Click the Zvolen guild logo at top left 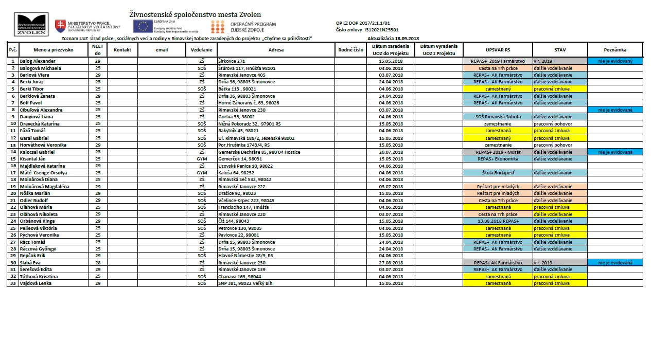click(x=32, y=24)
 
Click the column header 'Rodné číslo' click(x=351, y=50)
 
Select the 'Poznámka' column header click(x=615, y=50)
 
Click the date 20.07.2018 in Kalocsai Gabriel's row click(x=390, y=152)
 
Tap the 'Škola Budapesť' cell click(x=497, y=173)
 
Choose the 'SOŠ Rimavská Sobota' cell click(x=497, y=117)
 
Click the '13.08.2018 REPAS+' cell click(x=497, y=221)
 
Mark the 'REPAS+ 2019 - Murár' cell click(x=497, y=152)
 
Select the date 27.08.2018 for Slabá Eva click(x=390, y=263)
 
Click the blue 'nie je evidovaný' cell click(x=615, y=61)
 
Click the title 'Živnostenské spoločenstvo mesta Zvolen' click(x=195, y=14)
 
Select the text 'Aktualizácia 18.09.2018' click(x=394, y=39)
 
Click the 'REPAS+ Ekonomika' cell click(x=497, y=159)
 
